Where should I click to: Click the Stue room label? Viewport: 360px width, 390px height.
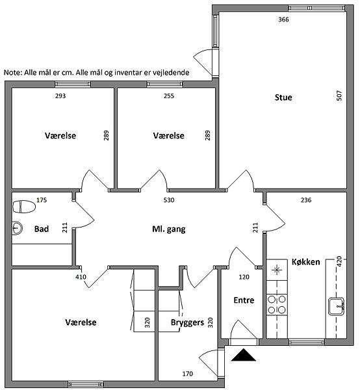click(283, 97)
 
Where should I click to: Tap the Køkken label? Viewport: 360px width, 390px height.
click(305, 262)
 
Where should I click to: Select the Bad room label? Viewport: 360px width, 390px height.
click(42, 229)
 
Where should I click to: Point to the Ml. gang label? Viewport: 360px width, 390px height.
click(169, 229)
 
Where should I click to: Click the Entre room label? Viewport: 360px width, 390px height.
click(244, 300)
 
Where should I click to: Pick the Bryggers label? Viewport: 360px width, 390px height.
click(187, 322)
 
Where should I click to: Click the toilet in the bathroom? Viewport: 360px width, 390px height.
click(24, 207)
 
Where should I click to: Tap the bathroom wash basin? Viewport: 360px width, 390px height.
click(18, 227)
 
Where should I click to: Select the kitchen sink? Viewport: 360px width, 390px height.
click(336, 306)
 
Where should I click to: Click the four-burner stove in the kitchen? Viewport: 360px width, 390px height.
click(277, 305)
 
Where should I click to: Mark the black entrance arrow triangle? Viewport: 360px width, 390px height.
click(244, 355)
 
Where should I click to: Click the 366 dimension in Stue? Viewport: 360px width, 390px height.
click(283, 19)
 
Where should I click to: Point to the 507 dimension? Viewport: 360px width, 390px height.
click(339, 96)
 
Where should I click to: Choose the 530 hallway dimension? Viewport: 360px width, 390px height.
click(169, 200)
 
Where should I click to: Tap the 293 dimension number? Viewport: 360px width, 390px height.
click(60, 96)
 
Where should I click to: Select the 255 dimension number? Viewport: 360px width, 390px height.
click(169, 96)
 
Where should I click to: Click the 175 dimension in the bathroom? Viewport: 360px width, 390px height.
click(42, 200)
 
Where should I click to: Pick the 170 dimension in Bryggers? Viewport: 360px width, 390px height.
click(187, 374)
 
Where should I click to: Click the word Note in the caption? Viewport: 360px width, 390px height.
click(13, 73)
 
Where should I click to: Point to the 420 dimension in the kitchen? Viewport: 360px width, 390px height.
click(339, 261)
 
